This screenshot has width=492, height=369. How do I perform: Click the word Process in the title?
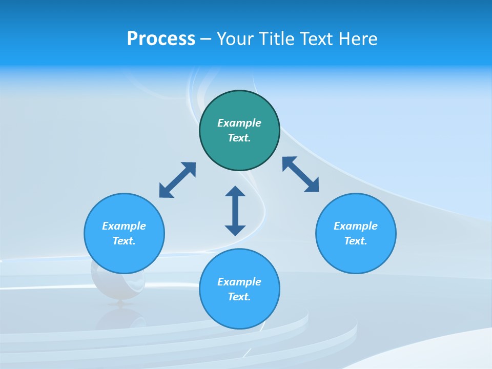point(161,39)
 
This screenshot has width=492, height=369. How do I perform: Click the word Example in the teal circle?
point(239,123)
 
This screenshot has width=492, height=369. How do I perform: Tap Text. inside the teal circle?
point(239,138)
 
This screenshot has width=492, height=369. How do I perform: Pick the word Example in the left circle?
point(124,226)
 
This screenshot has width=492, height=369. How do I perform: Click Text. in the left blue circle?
point(124,241)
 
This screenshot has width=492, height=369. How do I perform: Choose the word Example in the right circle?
point(356,226)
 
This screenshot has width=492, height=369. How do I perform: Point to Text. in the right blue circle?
point(356,241)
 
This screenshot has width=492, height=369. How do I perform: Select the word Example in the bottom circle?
point(239,282)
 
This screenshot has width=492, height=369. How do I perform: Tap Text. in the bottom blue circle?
point(239,297)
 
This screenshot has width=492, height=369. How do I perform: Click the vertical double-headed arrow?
point(235,211)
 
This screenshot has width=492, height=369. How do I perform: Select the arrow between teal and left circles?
point(177,180)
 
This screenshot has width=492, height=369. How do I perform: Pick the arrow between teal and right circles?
point(300,174)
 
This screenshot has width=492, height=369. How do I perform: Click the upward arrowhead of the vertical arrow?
point(235,191)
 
